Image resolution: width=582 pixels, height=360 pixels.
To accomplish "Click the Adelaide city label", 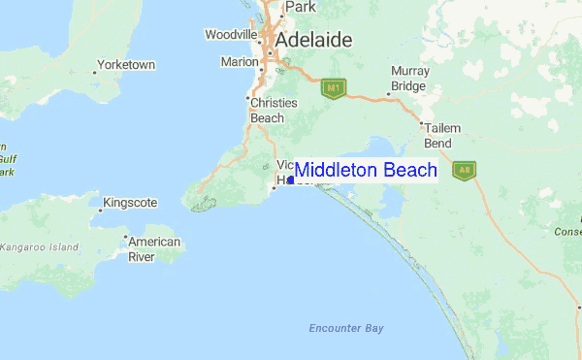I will [x=313, y=41].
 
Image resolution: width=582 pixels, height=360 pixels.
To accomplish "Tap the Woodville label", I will [x=230, y=34].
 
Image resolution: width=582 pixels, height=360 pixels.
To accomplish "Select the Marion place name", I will [x=240, y=61].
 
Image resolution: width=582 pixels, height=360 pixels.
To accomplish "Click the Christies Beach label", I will [x=267, y=110].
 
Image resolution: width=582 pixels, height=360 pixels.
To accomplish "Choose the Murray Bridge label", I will [x=409, y=79].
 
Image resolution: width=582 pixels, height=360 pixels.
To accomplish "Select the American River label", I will [x=154, y=249].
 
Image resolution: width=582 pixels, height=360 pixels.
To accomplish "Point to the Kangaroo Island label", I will [x=40, y=247].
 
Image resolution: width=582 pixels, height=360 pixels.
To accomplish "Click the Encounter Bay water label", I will [x=346, y=328].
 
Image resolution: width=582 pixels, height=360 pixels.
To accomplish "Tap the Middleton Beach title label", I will [x=366, y=171].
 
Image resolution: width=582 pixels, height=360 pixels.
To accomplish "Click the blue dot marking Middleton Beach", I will [x=291, y=180].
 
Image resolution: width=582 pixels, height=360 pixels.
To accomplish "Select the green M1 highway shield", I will [x=334, y=88].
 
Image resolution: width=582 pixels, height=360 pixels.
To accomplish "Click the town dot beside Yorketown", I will [x=95, y=72].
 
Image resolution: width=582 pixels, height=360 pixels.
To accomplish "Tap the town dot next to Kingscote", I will [x=101, y=207].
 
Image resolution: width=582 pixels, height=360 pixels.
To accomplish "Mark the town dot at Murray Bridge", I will [x=390, y=93].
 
